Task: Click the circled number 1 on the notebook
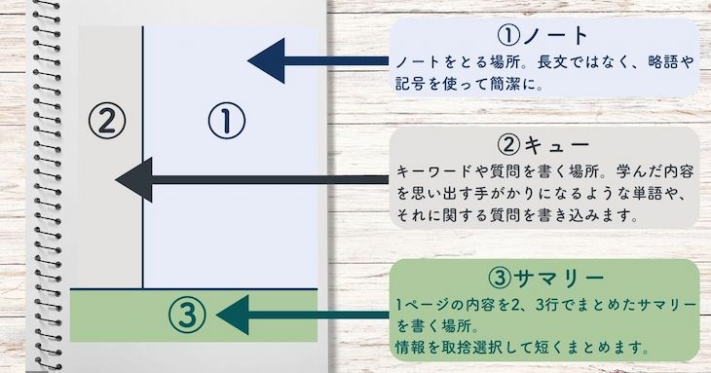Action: point(225,121)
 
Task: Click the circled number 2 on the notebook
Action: point(107,121)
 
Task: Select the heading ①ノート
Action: point(543,37)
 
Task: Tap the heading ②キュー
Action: point(543,146)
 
